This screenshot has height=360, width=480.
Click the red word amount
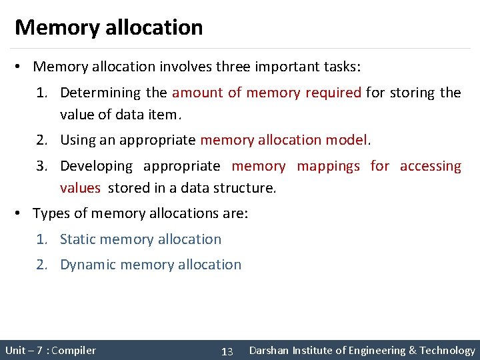(x=197, y=93)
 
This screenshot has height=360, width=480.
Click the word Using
(x=75, y=140)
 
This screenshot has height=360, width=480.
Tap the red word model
(x=347, y=140)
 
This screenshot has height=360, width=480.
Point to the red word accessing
(x=431, y=166)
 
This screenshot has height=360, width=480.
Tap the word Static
(x=79, y=239)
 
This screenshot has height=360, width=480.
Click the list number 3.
(x=41, y=166)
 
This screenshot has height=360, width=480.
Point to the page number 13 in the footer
(x=227, y=351)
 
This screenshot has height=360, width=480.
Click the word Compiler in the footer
(x=73, y=351)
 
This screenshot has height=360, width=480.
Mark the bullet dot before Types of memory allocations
(x=20, y=213)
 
